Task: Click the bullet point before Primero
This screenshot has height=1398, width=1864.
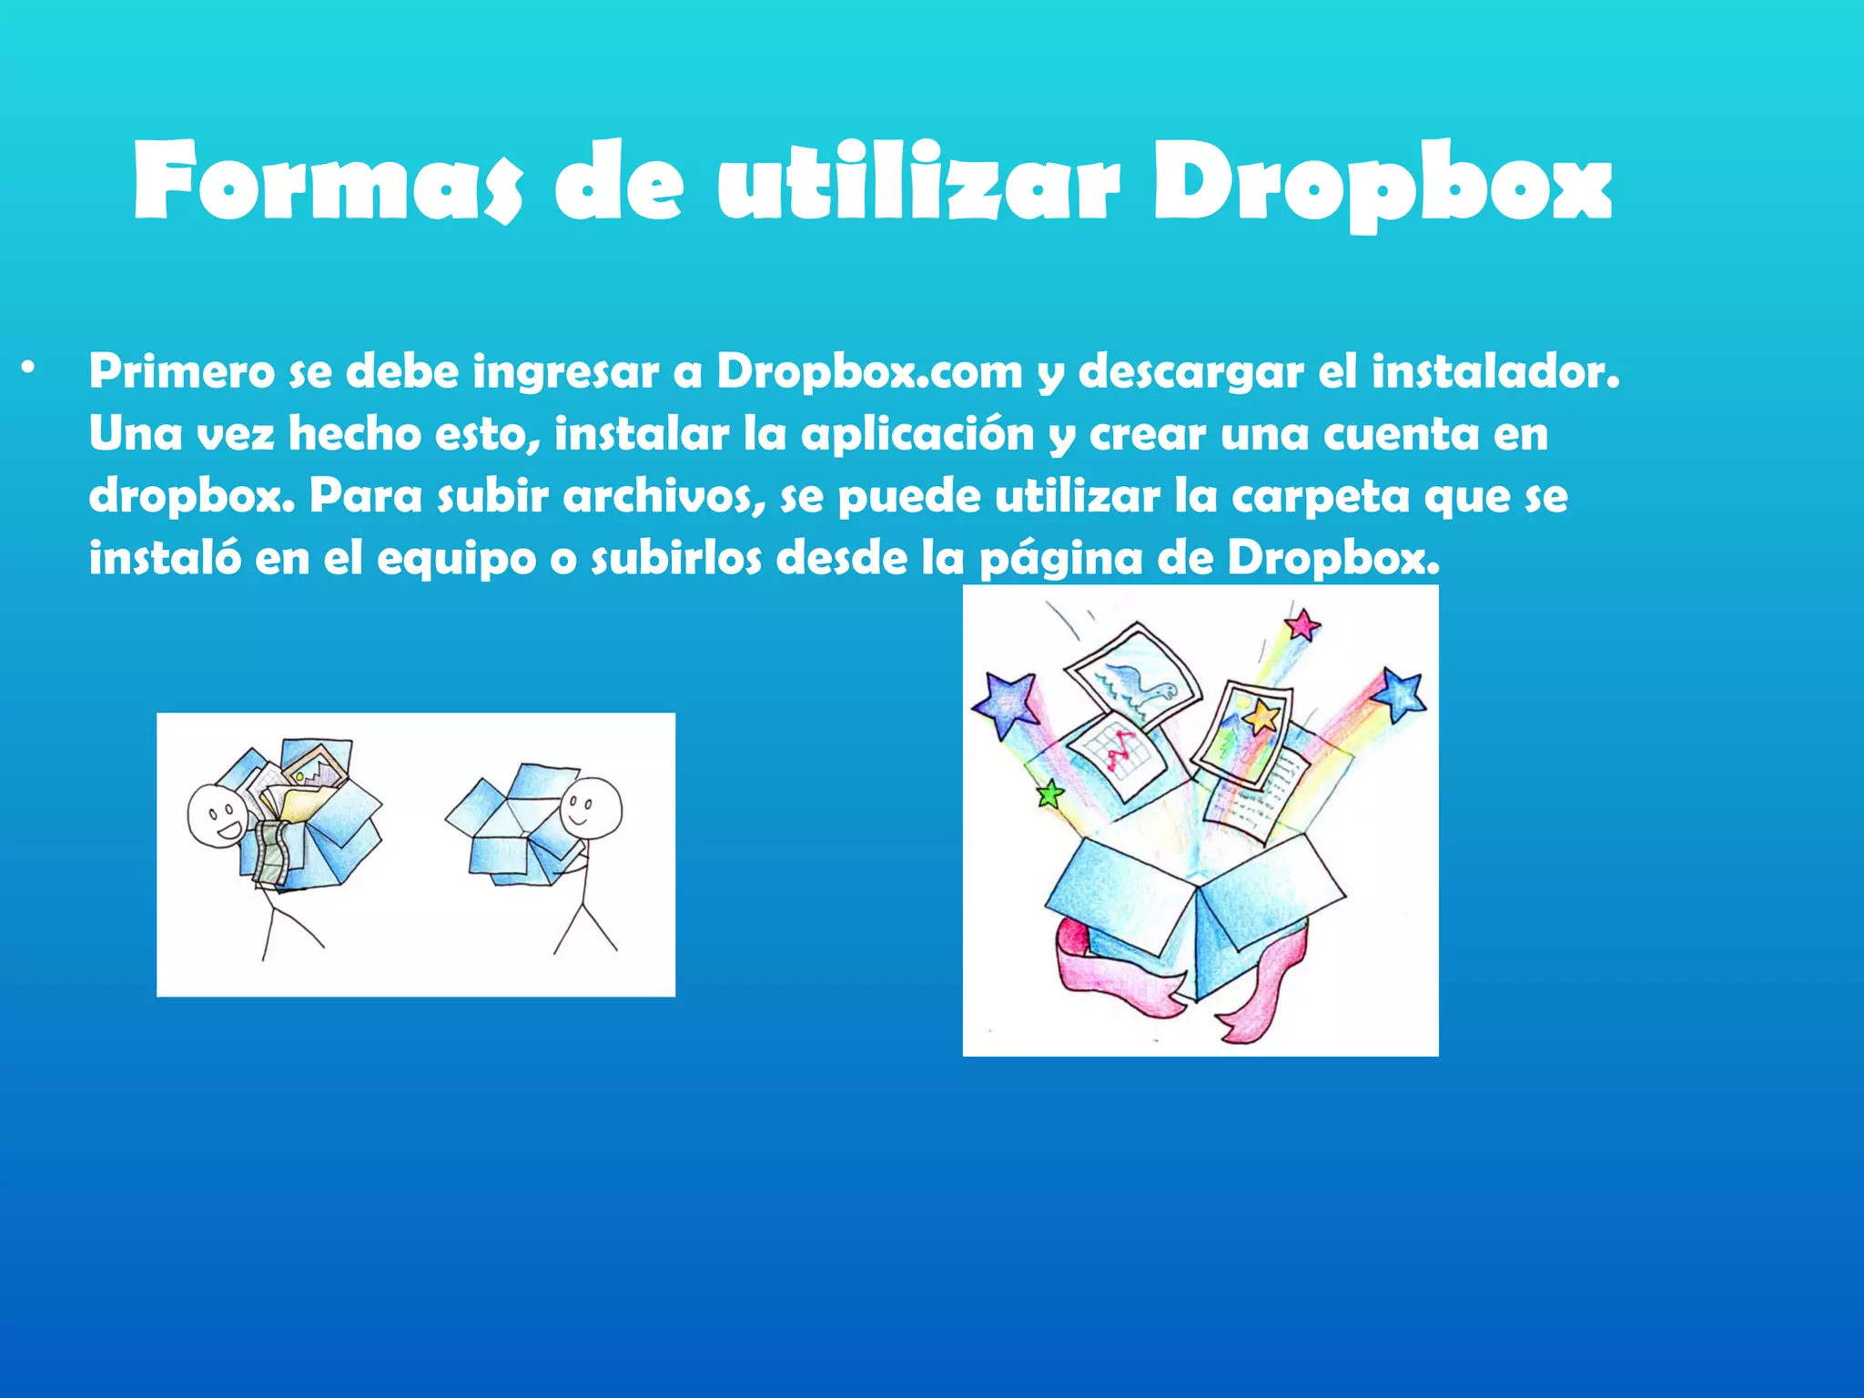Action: pos(30,369)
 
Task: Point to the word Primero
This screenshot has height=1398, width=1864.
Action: pos(181,371)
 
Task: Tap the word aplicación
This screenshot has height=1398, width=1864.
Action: pos(917,435)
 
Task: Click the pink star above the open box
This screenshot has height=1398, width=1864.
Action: pos(1302,624)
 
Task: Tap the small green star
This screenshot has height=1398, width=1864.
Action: pos(1050,795)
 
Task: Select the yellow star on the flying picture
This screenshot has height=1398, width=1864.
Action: pos(1261,716)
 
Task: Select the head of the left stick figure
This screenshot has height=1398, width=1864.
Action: pos(217,815)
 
